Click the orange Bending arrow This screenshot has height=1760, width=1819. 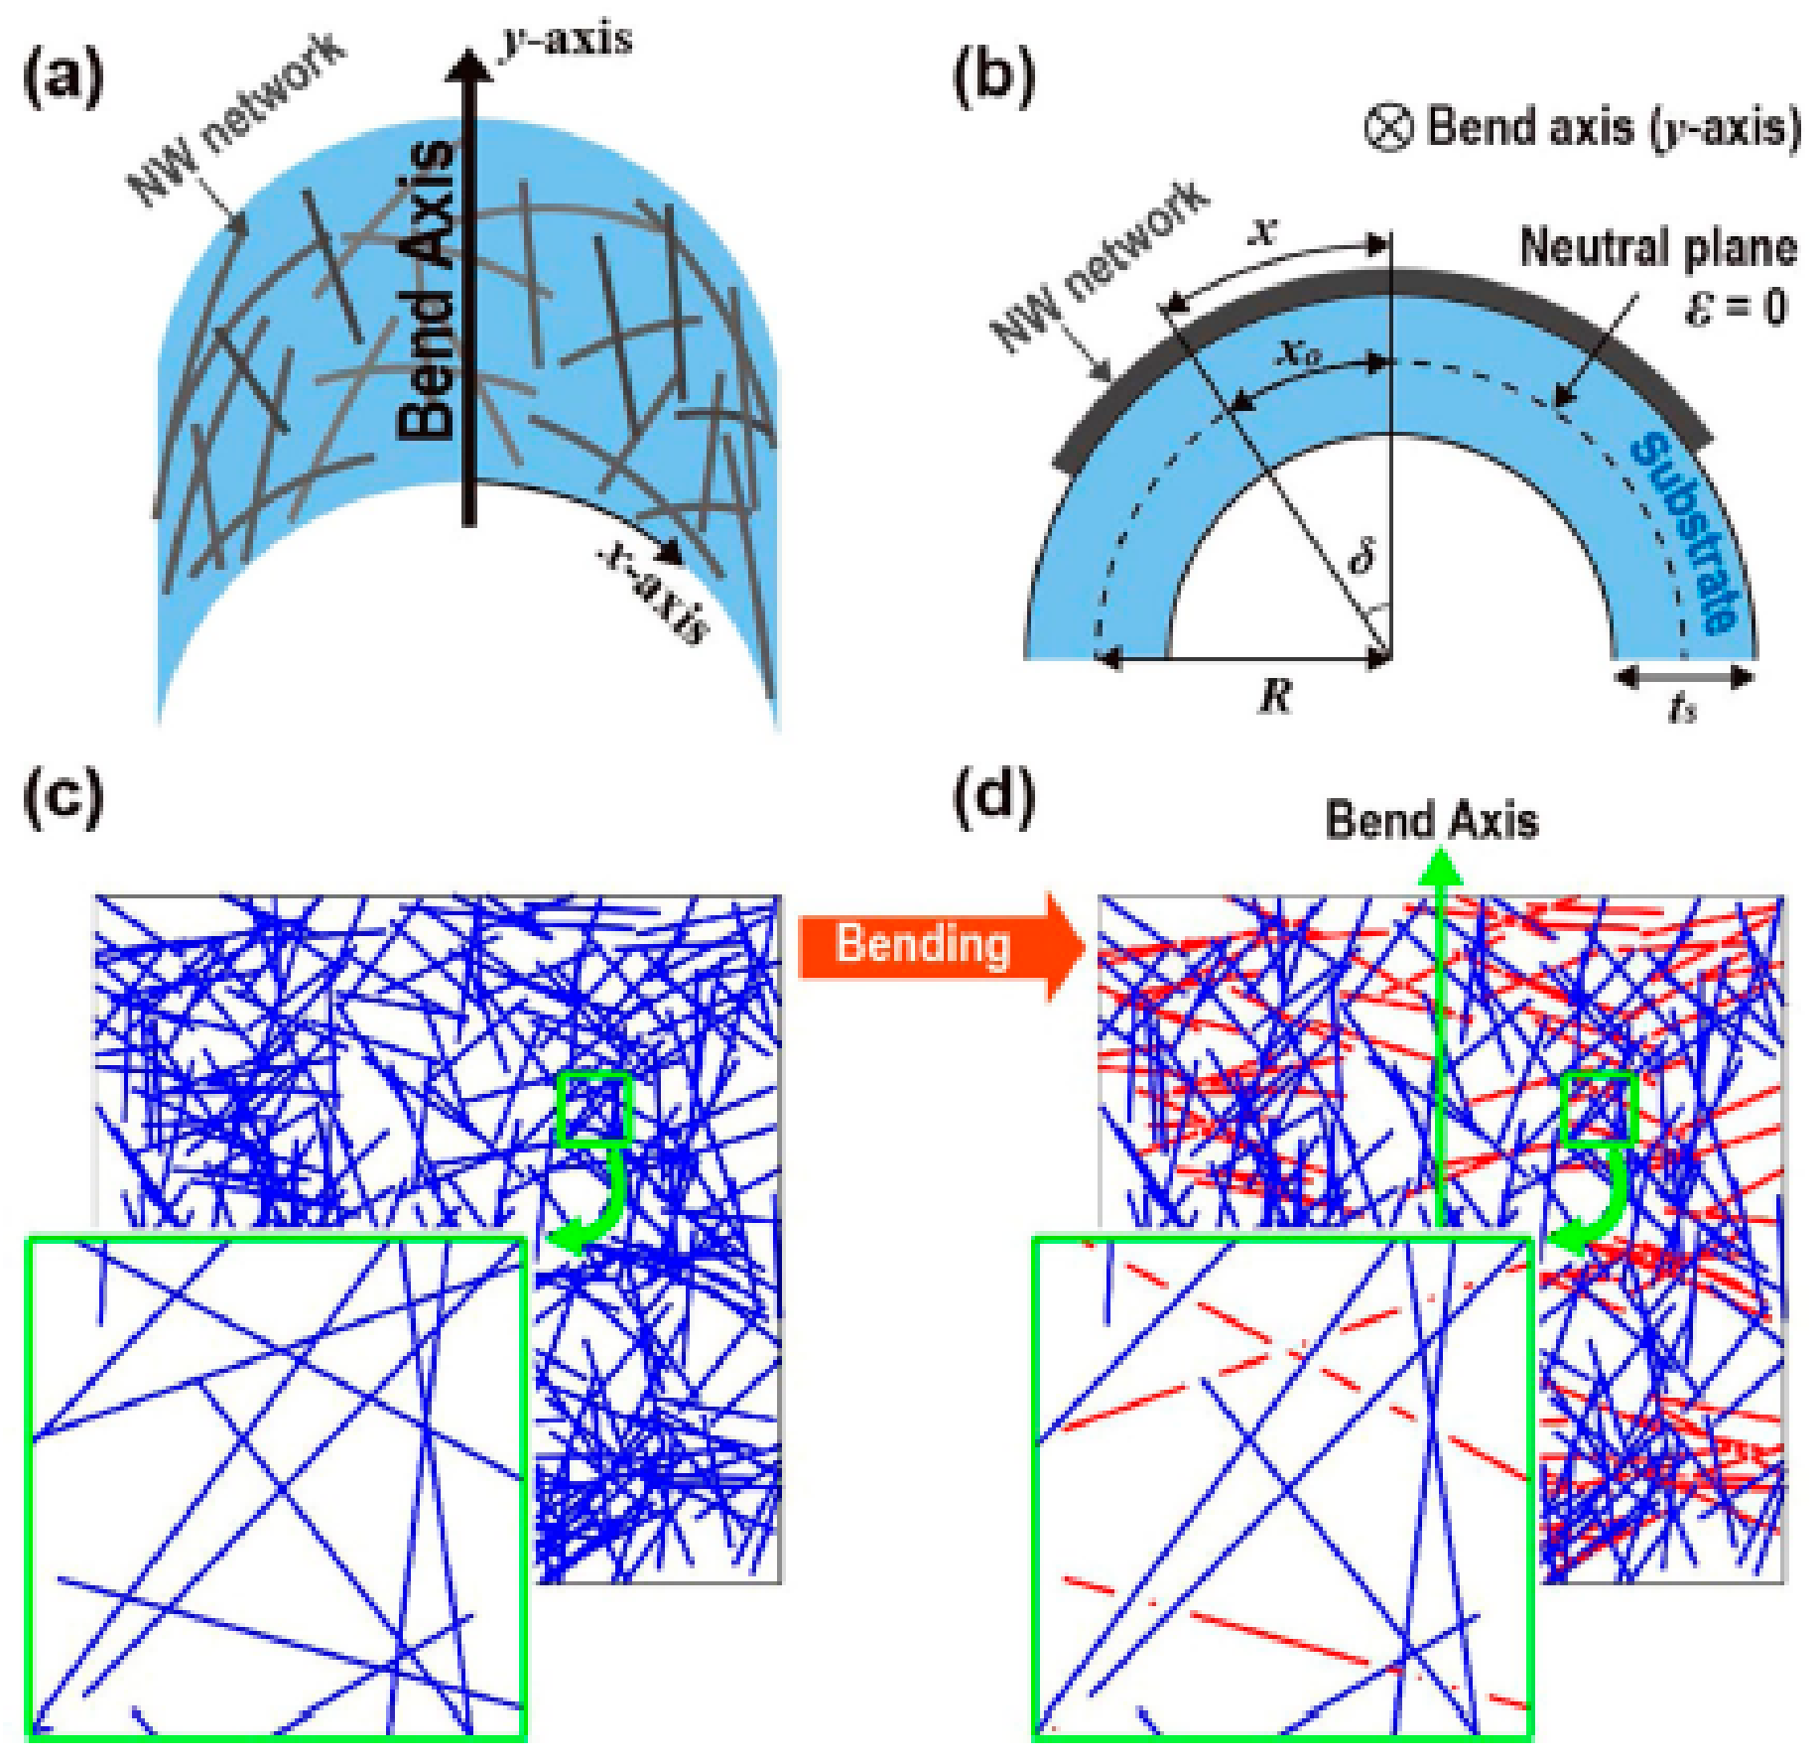click(938, 944)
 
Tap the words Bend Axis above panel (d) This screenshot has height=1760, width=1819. click(1432, 822)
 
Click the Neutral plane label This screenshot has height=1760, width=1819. click(1657, 247)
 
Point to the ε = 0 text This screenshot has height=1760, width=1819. click(1735, 307)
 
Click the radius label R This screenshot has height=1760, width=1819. click(1276, 696)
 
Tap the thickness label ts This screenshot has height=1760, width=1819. click(1683, 708)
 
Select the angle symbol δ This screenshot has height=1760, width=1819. click(1362, 557)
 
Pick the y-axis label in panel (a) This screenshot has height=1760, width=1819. click(567, 40)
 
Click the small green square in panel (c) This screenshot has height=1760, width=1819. click(593, 1109)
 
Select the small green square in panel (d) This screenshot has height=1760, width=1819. click(1599, 1109)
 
